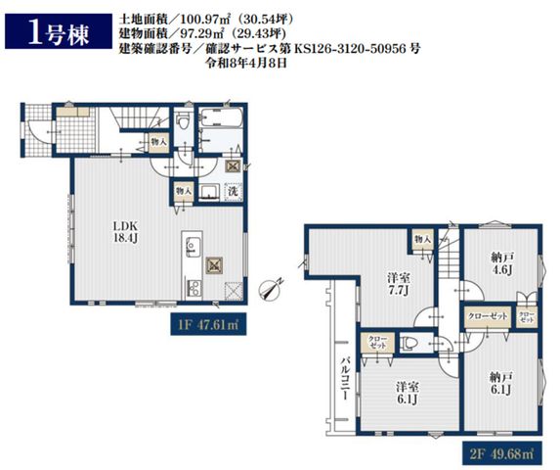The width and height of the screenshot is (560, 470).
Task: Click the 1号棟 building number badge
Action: click(59, 31)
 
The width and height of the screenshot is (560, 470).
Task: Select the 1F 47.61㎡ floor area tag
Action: click(208, 324)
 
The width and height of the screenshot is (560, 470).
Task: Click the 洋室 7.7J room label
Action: click(399, 285)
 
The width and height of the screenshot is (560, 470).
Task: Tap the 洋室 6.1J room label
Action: click(408, 393)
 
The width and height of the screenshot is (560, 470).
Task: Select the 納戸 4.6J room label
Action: click(502, 263)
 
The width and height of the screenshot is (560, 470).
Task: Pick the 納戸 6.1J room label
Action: click(501, 383)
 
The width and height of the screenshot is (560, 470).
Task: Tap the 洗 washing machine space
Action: click(233, 191)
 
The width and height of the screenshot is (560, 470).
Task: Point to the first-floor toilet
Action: click(184, 120)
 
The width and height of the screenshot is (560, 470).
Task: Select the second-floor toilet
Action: click(409, 344)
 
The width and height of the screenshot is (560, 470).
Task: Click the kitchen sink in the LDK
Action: click(193, 247)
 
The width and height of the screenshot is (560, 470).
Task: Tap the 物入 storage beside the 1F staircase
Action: click(158, 142)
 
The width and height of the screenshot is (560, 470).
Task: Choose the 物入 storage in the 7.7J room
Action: click(423, 240)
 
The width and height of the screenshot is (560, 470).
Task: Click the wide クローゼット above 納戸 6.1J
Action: click(488, 316)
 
